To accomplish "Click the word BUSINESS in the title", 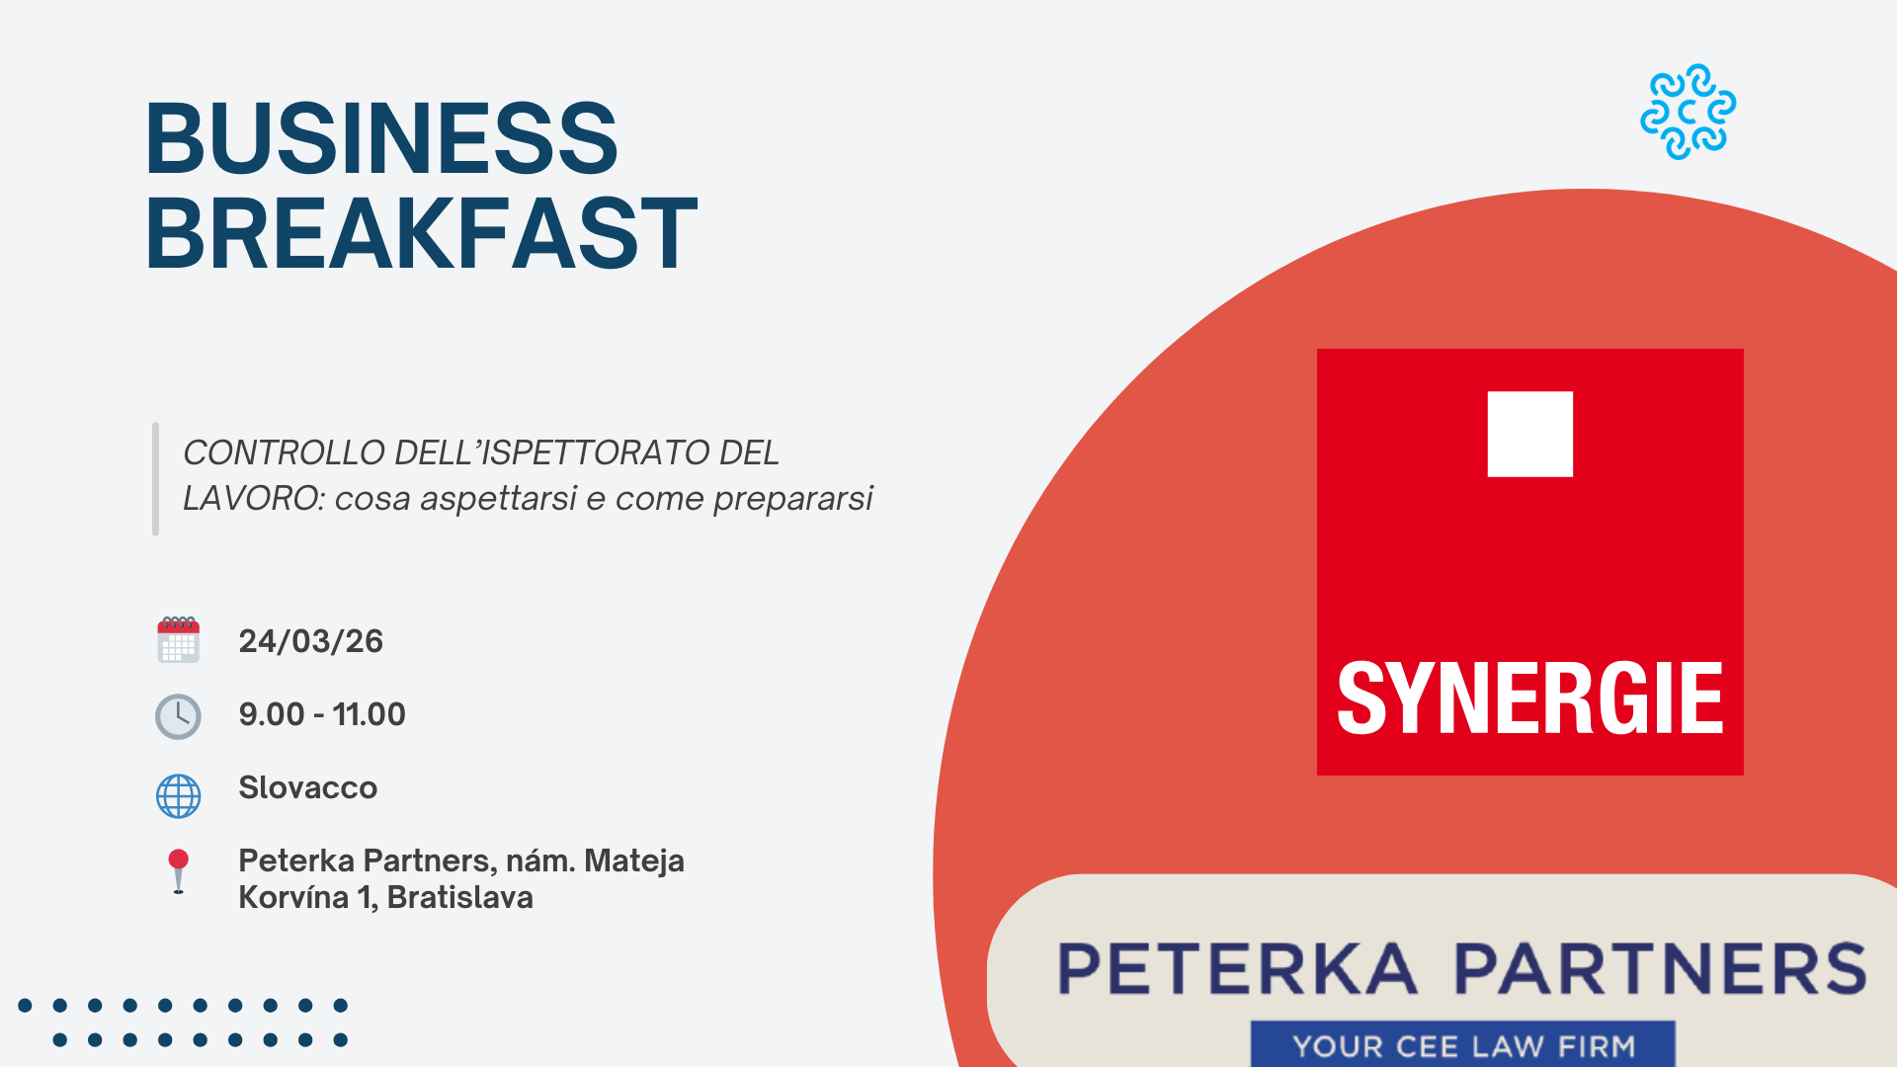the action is coord(381,138).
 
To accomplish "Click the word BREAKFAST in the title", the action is coord(422,233).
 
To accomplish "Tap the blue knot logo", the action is coord(1688,112).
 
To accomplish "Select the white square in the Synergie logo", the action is coord(1529,434).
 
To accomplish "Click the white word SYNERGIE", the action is coord(1529,698).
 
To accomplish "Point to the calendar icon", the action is coord(178,639).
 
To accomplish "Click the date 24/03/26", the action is coord(310,641).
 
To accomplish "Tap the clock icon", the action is coord(178,716).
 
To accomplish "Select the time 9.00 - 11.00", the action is coord(322,714).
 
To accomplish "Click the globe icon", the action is coord(178,795).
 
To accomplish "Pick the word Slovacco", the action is coord(307,787).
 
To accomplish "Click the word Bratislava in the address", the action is coord(459,897).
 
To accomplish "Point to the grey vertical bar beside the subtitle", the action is coord(155,479).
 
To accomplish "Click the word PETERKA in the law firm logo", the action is coord(1237,968).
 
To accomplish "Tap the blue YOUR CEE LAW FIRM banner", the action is coord(1463,1044).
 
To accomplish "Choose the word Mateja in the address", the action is coord(634,861).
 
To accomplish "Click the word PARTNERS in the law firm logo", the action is coord(1660,968).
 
